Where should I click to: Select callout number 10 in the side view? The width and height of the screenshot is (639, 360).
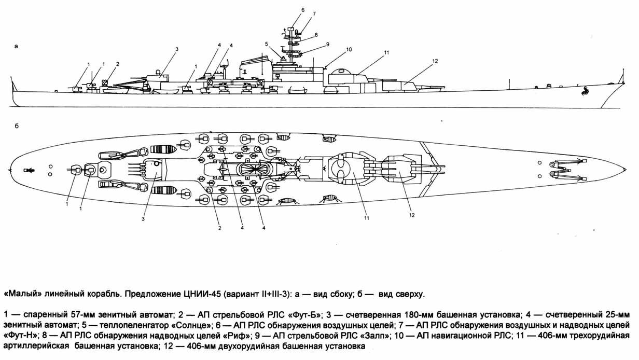pyautogui.click(x=349, y=49)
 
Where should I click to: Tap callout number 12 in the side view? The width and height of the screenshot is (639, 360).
pyautogui.click(x=434, y=61)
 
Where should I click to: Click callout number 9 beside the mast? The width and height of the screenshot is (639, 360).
pyautogui.click(x=327, y=44)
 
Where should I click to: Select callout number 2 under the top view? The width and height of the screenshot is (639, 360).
pyautogui.click(x=219, y=228)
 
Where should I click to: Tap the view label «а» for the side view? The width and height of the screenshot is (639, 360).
pyautogui.click(x=17, y=46)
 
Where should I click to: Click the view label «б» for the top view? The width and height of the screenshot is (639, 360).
pyautogui.click(x=17, y=127)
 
